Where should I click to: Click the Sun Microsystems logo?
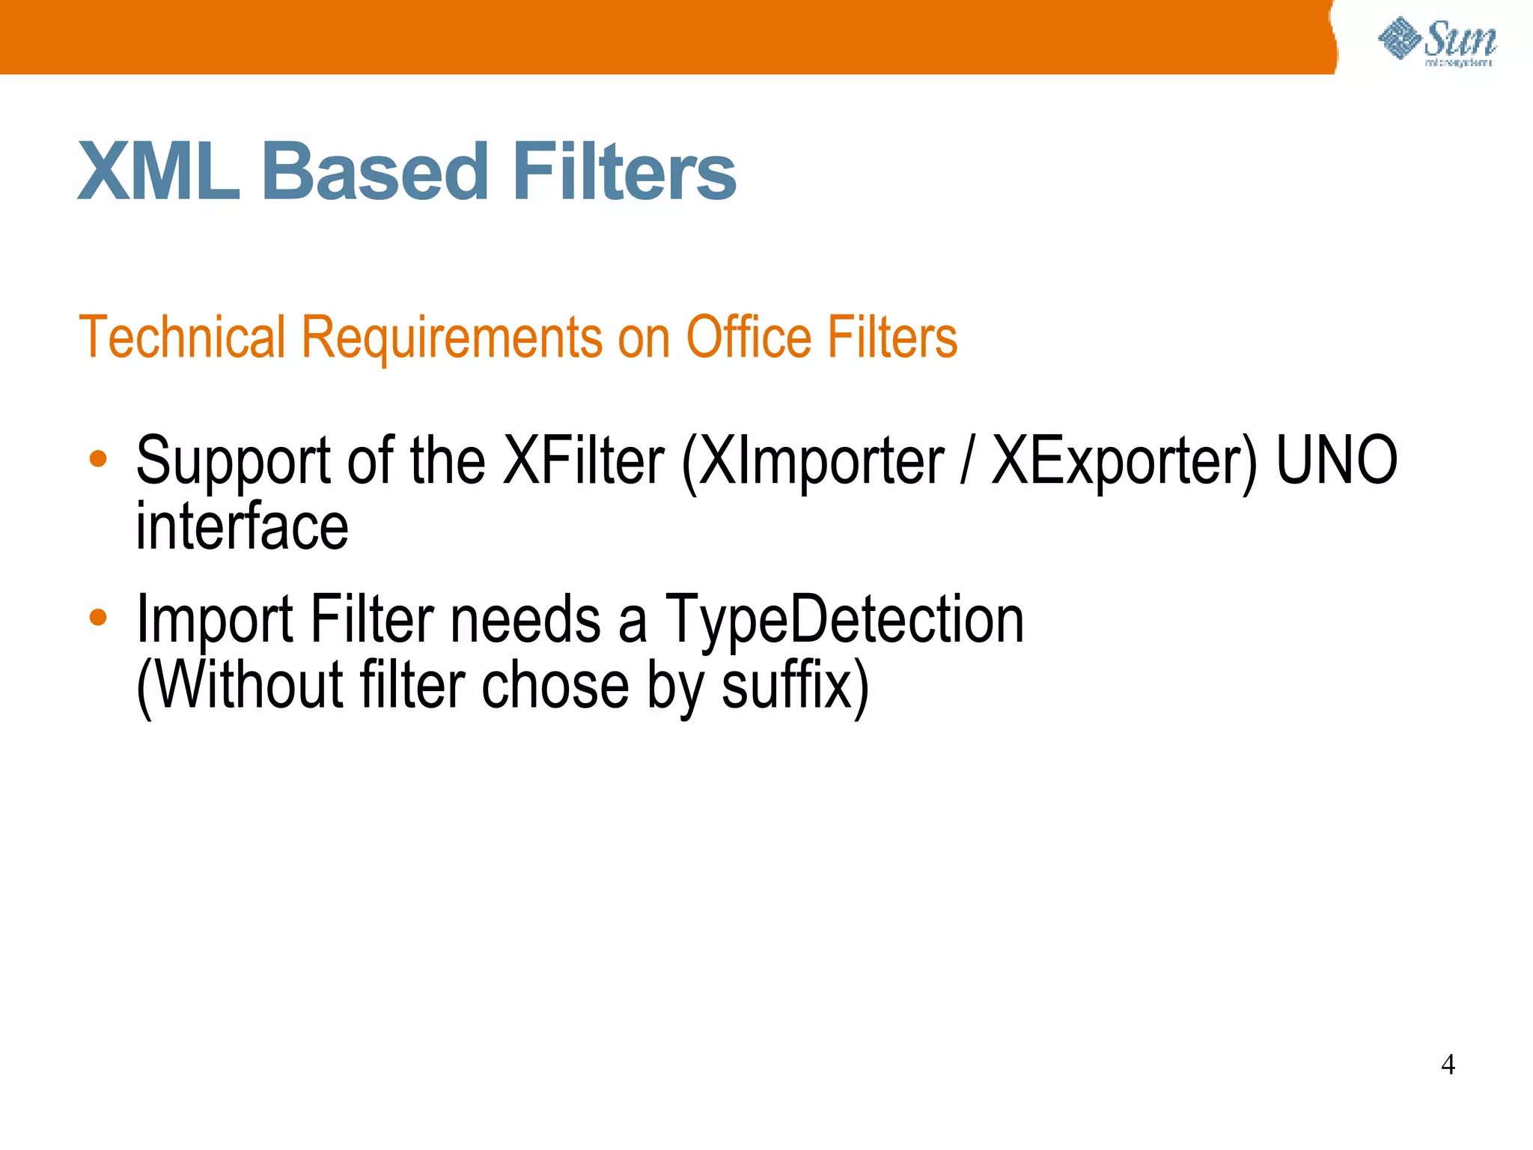point(1437,42)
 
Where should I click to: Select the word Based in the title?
point(374,172)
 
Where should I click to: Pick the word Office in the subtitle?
point(749,338)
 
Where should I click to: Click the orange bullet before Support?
point(98,459)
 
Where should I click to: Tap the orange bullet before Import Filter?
point(98,618)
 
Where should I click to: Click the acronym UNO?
point(1337,460)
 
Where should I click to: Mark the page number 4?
point(1448,1065)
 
